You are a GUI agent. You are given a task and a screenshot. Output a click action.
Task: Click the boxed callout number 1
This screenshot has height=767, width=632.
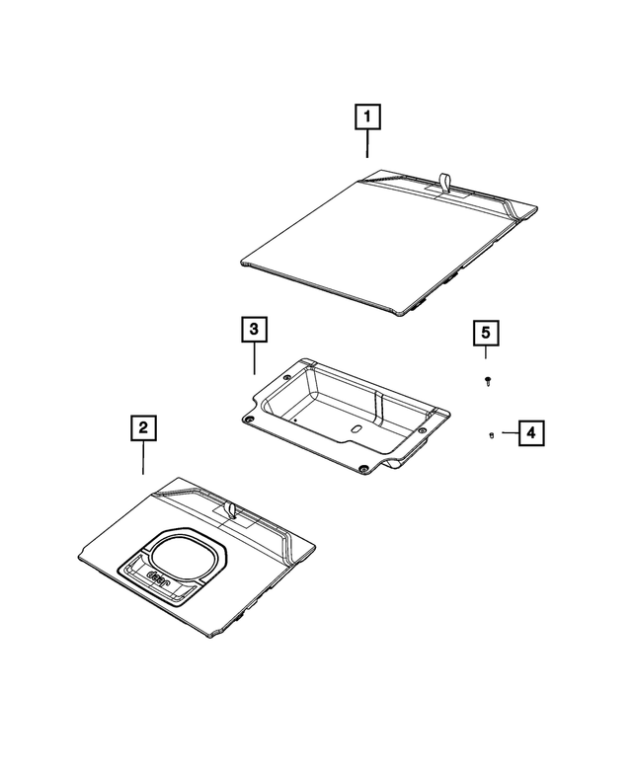[x=366, y=118]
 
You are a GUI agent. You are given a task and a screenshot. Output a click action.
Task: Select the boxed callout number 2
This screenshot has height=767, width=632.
[x=143, y=427]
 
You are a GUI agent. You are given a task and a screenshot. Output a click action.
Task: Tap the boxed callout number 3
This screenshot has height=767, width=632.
[x=254, y=329]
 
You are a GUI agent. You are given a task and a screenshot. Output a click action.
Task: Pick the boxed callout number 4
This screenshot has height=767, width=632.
[x=530, y=432]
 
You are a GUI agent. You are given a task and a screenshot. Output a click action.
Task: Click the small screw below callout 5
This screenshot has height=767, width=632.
[x=487, y=380]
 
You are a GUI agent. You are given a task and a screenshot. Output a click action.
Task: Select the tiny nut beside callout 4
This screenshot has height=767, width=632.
[x=492, y=433]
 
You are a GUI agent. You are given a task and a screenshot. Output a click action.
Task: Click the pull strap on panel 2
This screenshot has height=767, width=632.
[x=230, y=508]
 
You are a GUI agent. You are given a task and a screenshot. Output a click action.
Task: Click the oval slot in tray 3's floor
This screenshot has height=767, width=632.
[x=355, y=430]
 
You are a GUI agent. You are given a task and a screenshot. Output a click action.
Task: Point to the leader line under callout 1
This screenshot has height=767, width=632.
[x=366, y=144]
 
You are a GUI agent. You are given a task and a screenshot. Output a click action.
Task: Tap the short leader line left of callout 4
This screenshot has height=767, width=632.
[x=507, y=432]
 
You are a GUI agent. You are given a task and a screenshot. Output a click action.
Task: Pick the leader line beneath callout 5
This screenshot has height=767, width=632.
[x=486, y=352]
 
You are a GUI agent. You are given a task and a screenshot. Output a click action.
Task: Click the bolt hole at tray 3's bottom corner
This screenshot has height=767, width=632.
[x=365, y=467]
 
